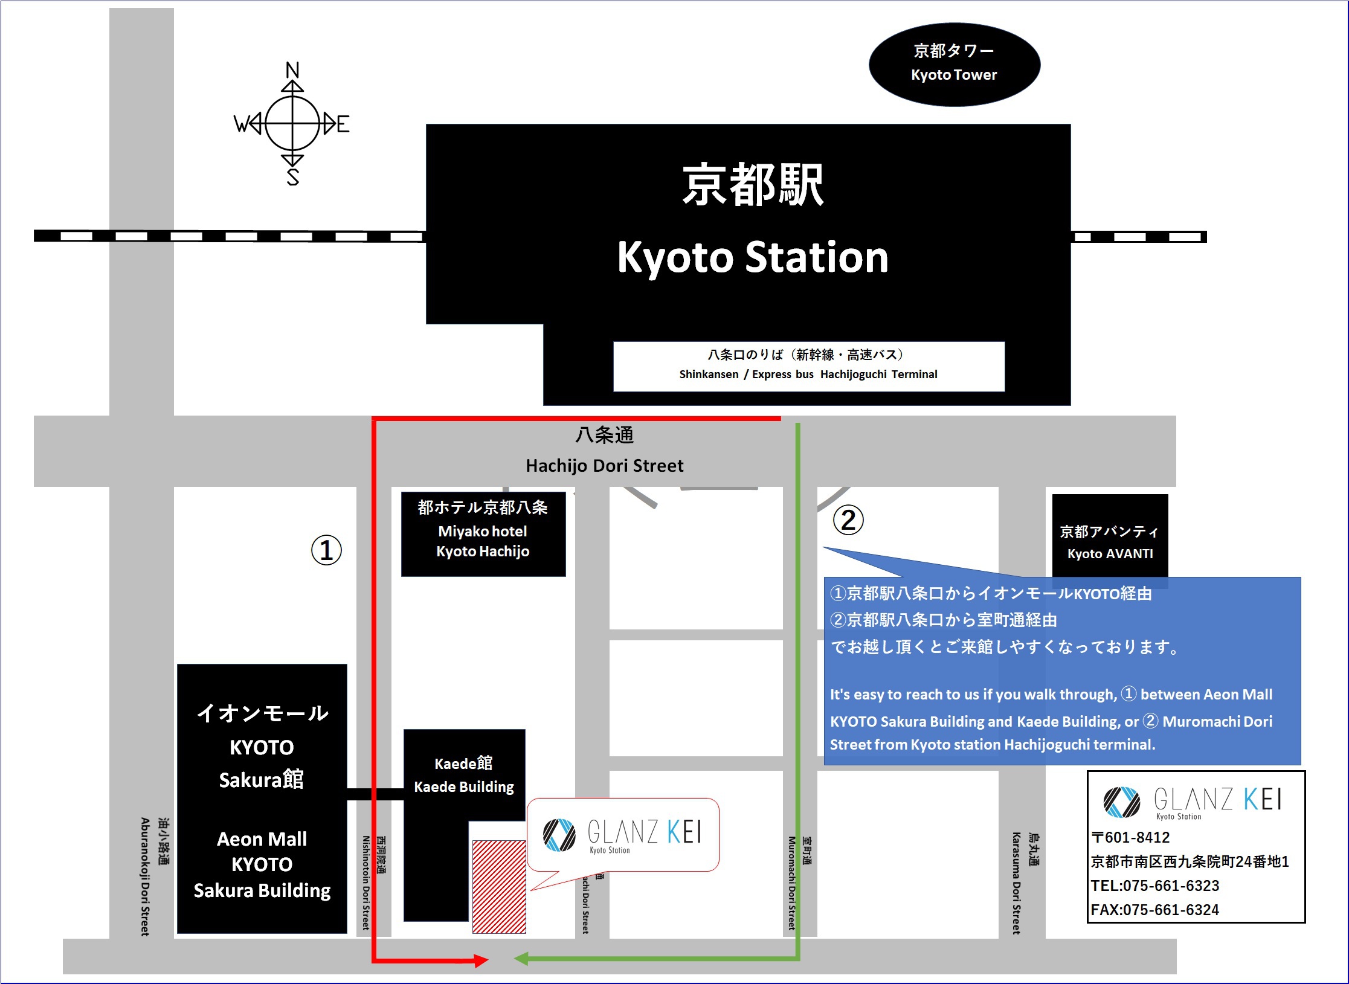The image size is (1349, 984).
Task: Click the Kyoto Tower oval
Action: pyautogui.click(x=954, y=64)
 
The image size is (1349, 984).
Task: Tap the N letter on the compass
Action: pyautogui.click(x=292, y=70)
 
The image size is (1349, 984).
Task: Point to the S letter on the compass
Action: pyautogui.click(x=293, y=177)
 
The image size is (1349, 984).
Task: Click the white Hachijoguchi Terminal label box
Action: pyautogui.click(x=808, y=365)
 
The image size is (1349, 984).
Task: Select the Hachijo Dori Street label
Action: pyautogui.click(x=604, y=465)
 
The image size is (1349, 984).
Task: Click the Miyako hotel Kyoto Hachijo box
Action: pyautogui.click(x=483, y=533)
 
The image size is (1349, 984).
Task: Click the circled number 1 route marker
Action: pyautogui.click(x=326, y=550)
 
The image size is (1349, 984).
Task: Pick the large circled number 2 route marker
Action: pyautogui.click(x=848, y=520)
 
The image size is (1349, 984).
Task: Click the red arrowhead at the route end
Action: pyautogui.click(x=481, y=960)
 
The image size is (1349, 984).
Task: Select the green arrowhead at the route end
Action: pyautogui.click(x=521, y=958)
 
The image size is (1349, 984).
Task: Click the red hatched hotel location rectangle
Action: pyautogui.click(x=498, y=886)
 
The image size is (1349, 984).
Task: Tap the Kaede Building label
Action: pyautogui.click(x=463, y=786)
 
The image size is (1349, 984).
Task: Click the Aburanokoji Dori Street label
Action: pyautogui.click(x=145, y=876)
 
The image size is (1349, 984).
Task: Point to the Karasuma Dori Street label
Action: pyautogui.click(x=1016, y=883)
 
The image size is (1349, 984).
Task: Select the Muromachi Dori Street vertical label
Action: pyautogui.click(x=791, y=883)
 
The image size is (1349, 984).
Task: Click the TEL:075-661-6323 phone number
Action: pyautogui.click(x=1154, y=886)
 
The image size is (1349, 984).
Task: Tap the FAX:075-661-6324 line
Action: pyautogui.click(x=1154, y=910)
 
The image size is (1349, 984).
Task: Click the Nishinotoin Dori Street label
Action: pyautogui.click(x=365, y=883)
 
